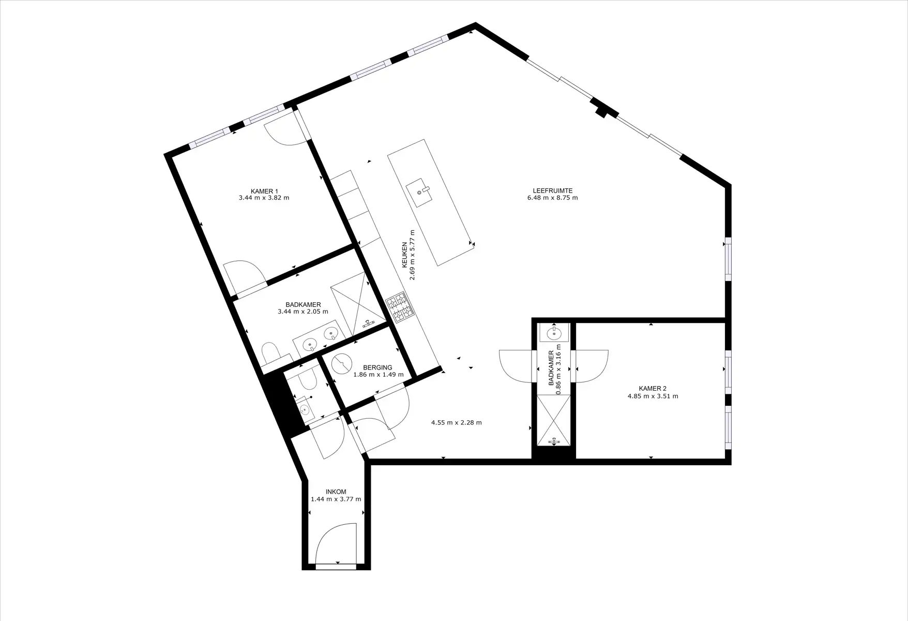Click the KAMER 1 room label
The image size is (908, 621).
[x=264, y=191]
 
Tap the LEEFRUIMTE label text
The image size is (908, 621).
[x=552, y=190]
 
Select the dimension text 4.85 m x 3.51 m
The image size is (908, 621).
[x=653, y=396]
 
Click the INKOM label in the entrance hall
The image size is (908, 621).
[x=336, y=492]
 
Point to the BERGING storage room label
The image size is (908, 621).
[x=377, y=367]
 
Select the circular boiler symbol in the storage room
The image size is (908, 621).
[x=342, y=364]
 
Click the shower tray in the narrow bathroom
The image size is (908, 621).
[x=554, y=419]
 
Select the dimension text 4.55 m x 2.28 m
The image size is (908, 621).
[x=456, y=423]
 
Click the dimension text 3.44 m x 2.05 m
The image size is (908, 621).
[x=303, y=312]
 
